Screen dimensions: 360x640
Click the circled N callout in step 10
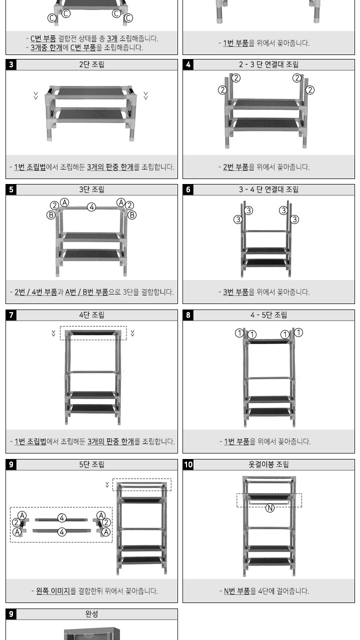[269, 508]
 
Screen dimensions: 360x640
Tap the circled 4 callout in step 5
[91, 207]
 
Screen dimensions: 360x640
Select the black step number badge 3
[11, 64]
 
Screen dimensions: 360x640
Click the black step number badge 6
[188, 189]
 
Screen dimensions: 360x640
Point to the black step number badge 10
[188, 464]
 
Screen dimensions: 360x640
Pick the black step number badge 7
[11, 315]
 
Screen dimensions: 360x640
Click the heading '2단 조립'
[91, 64]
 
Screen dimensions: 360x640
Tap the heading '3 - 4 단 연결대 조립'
[268, 189]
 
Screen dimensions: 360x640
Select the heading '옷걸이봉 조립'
[268, 464]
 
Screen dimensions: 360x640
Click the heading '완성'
[91, 613]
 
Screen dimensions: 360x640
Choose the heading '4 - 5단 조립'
[268, 315]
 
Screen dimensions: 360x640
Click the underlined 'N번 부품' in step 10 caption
[237, 591]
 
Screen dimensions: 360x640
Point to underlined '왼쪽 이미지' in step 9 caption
[53, 591]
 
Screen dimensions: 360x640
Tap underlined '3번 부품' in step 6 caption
[235, 292]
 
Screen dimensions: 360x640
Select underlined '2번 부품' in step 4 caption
[235, 167]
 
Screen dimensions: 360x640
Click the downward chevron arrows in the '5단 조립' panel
[107, 484]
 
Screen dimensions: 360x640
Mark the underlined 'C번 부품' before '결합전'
[43, 38]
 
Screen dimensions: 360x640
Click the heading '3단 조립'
[91, 189]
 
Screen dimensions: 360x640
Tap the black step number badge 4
[188, 64]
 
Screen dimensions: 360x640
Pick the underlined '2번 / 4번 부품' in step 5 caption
[35, 292]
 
